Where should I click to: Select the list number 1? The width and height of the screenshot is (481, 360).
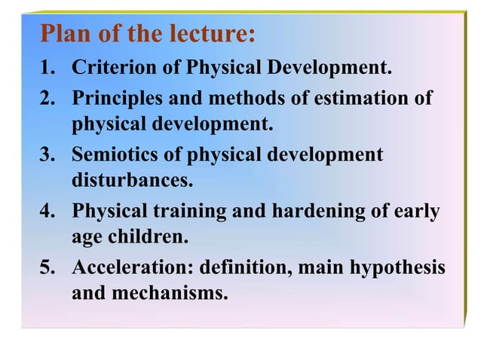[x=47, y=70]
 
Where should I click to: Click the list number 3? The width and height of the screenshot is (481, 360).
[x=47, y=156]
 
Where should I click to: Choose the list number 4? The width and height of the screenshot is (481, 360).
[x=47, y=212]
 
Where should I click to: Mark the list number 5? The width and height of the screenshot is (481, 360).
[x=47, y=269]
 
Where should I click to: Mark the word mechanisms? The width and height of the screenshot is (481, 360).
[x=169, y=294]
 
